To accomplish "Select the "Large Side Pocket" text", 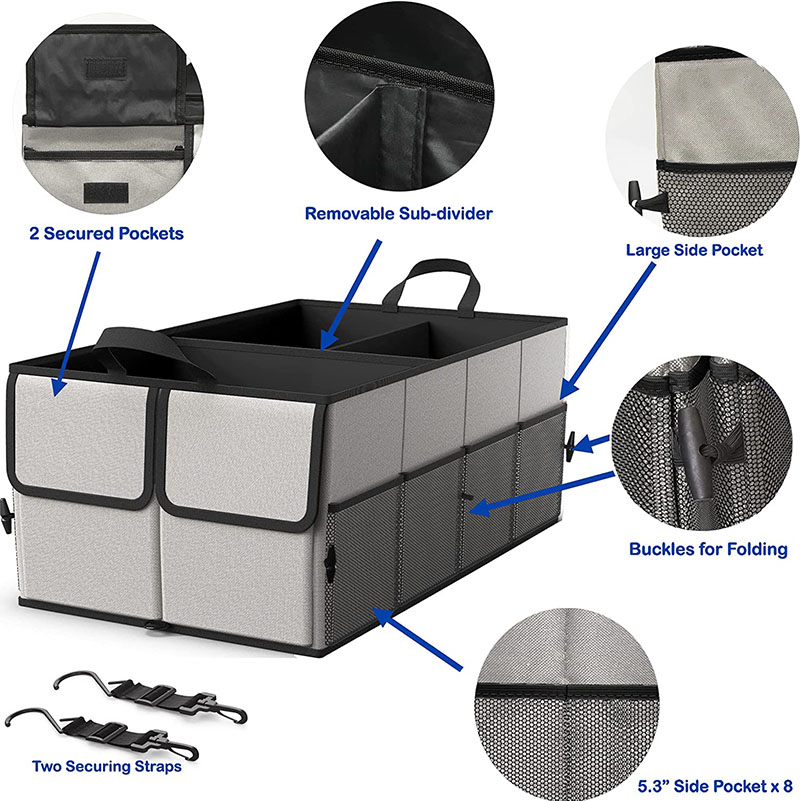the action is [x=693, y=250].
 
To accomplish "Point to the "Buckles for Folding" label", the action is [x=708, y=549].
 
